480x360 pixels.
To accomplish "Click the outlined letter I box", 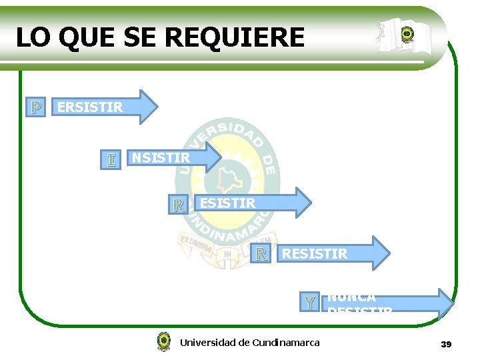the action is [111, 159].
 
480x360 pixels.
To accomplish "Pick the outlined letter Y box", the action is [309, 302].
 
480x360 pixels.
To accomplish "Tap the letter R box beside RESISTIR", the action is [261, 253].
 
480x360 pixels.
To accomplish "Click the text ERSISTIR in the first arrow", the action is [90, 107].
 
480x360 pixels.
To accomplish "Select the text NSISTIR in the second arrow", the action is [161, 158].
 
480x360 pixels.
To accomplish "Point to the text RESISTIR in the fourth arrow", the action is [314, 253].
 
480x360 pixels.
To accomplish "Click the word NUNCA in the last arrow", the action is [351, 297].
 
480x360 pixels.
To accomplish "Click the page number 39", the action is [446, 344].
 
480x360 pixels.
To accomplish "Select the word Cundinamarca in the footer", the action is [286, 343].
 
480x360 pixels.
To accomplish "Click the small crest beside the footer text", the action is [163, 341].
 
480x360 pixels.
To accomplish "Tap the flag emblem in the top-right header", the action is [407, 36].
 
